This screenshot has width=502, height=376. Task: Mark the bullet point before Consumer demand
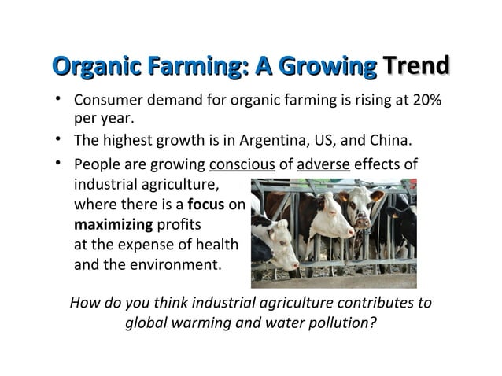(60, 101)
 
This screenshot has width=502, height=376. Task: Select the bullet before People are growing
(60, 165)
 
